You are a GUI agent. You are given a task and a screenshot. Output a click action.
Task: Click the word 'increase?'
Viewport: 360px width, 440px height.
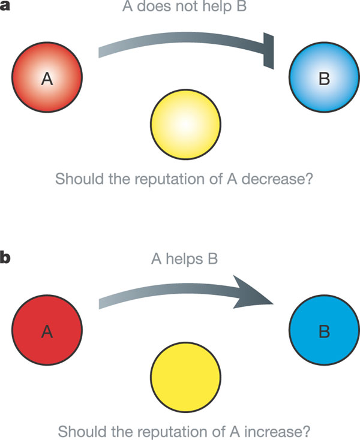[277, 429]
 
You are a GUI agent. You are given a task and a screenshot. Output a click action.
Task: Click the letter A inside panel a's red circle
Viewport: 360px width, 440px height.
[47, 78]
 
